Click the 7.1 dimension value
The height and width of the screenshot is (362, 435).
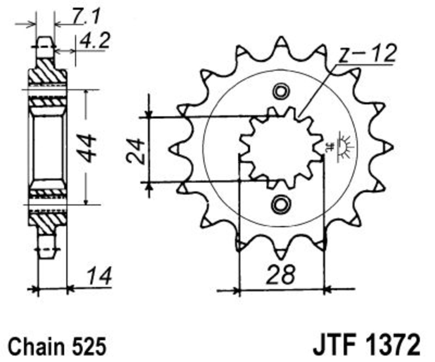[85, 16]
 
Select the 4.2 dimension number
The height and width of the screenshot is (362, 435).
[95, 41]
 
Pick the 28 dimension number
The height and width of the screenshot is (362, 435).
[281, 274]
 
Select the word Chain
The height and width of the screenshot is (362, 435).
[36, 346]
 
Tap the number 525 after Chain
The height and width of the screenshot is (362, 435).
[89, 346]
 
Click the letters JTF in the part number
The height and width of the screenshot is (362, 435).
[335, 345]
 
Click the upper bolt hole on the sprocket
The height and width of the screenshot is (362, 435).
[281, 91]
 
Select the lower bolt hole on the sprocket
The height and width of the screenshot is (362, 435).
[281, 204]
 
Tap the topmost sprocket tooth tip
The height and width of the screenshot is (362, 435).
[281, 37]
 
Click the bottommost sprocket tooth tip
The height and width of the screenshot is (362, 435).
[281, 259]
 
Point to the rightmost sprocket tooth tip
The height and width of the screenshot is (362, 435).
[391, 148]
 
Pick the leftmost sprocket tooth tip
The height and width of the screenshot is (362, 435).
[170, 149]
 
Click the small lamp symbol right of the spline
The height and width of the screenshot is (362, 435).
[345, 147]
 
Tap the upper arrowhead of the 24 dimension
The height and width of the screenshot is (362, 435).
[149, 114]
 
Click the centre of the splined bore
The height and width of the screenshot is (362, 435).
[281, 148]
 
